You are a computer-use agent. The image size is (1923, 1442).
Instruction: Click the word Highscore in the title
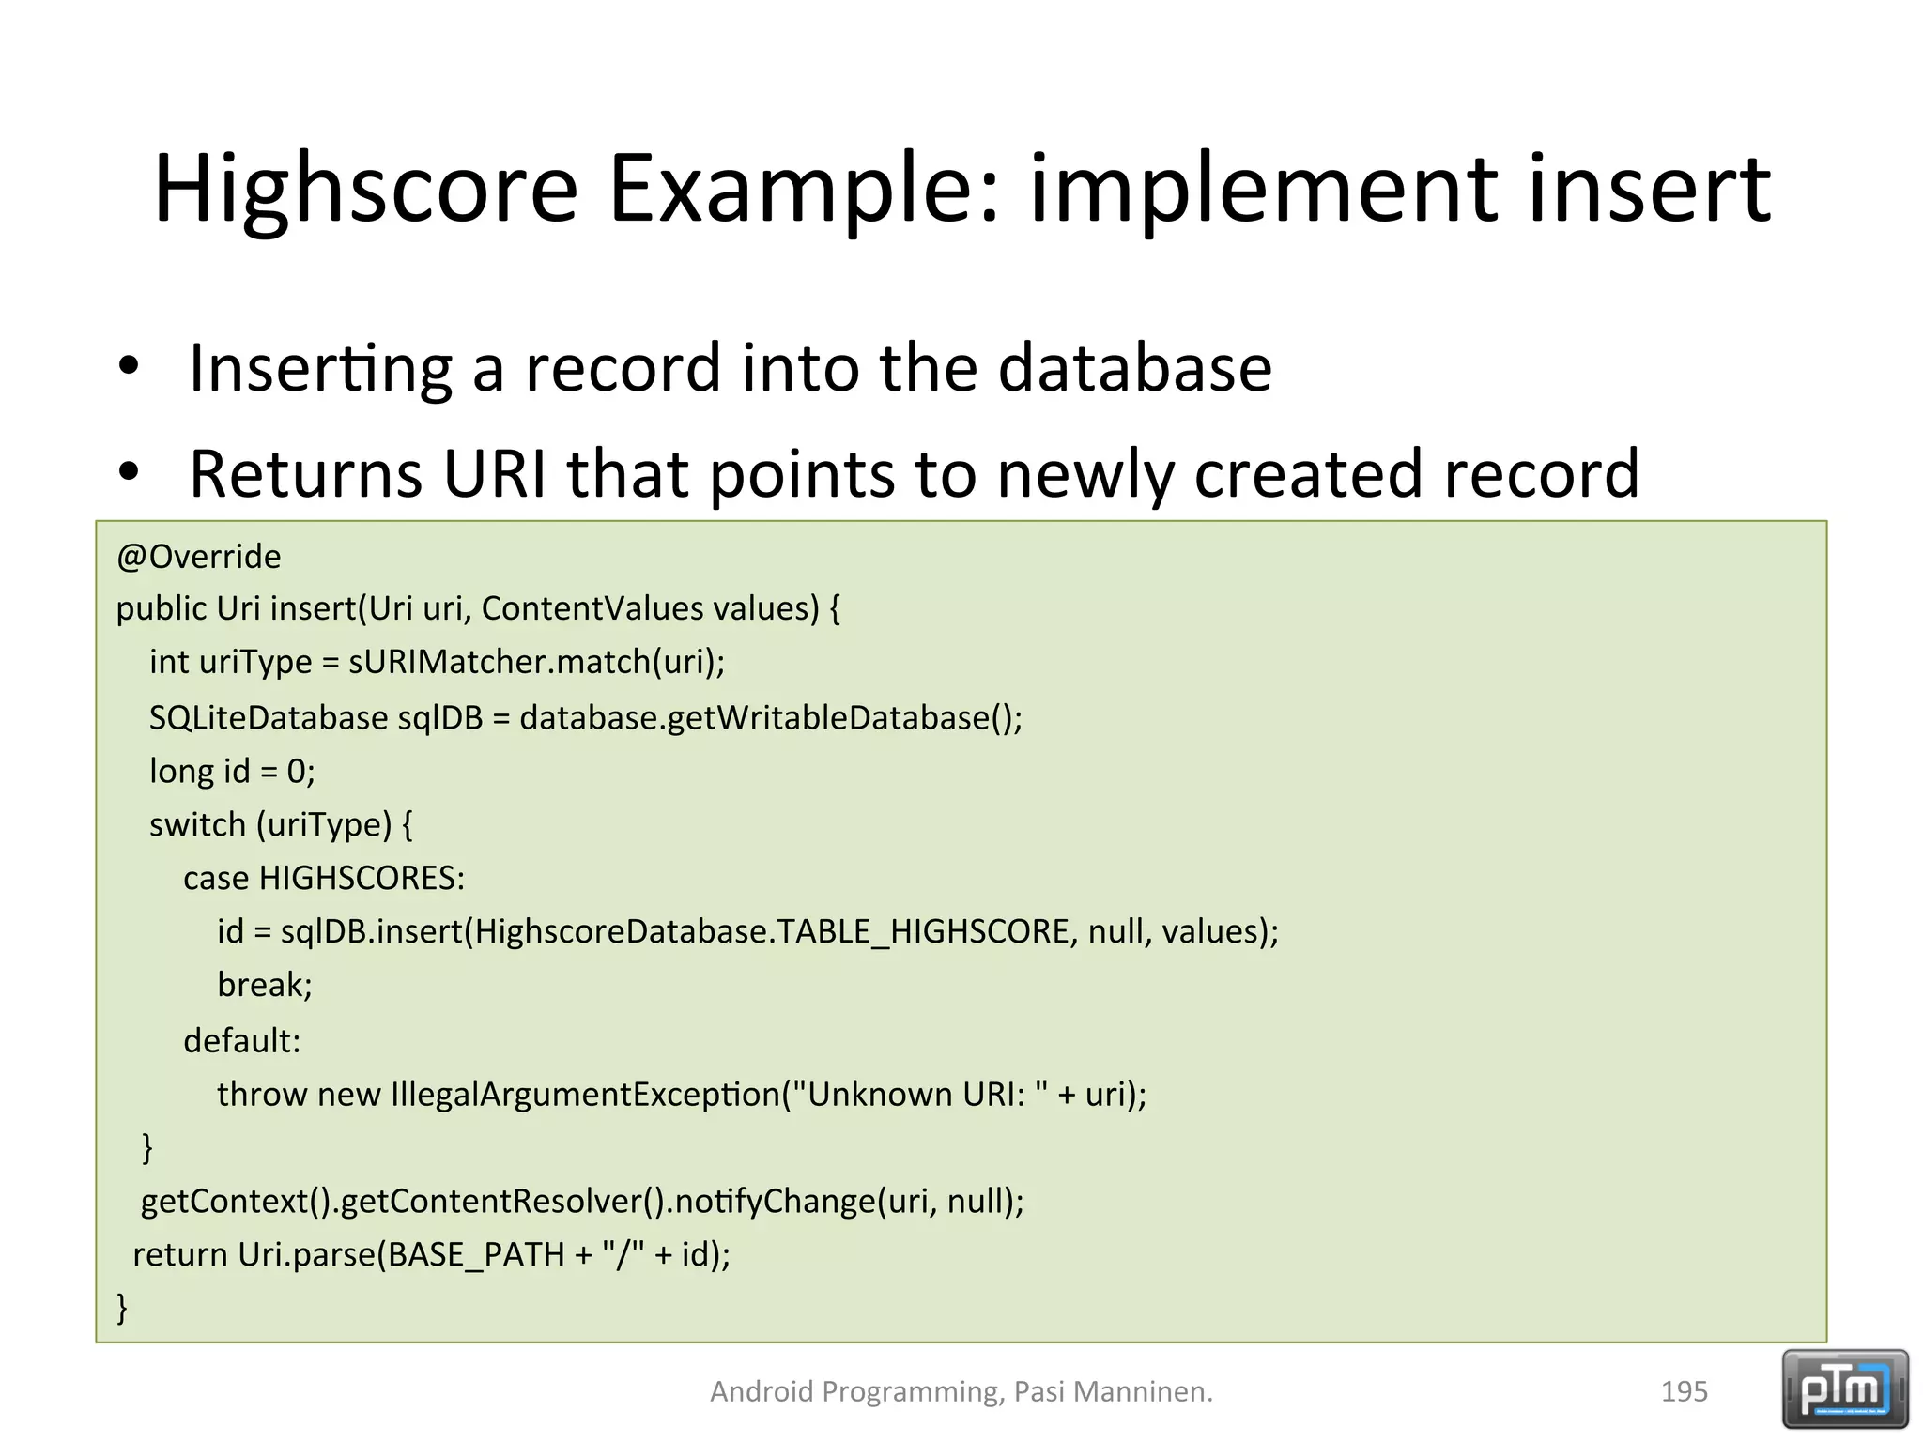pos(365,191)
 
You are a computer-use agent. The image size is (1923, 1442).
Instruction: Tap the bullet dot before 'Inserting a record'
pos(129,366)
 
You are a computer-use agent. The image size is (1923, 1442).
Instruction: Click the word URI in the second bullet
pos(494,473)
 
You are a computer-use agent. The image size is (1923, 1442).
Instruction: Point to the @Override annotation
pos(198,557)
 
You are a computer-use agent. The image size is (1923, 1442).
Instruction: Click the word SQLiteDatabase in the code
pos(268,718)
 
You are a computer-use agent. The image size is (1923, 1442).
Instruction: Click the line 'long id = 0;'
pos(232,772)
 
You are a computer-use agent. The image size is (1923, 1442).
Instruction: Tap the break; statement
pos(264,985)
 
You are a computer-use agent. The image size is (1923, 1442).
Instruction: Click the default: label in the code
pos(241,1040)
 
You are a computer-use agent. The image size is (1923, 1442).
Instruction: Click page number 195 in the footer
pos(1684,1391)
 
